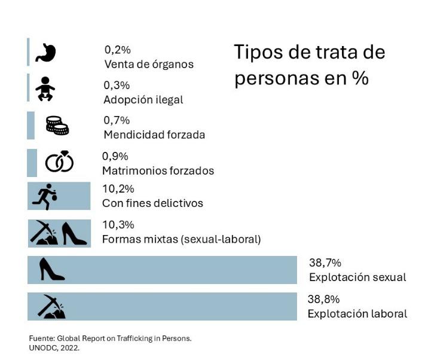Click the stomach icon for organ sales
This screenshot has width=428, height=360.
point(45,53)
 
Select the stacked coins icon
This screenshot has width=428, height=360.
point(57,125)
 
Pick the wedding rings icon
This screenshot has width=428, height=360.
point(60,162)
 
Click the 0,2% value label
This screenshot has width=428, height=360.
point(117,50)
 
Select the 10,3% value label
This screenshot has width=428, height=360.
point(118,225)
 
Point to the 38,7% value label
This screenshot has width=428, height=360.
point(325,263)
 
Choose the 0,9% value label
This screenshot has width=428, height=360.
point(115,156)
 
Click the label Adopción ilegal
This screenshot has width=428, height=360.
point(143,100)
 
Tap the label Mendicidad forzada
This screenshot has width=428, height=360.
point(154,135)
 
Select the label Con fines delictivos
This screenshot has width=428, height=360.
point(152,203)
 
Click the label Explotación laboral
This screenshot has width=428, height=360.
point(357,313)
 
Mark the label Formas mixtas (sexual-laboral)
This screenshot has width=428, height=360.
point(182,240)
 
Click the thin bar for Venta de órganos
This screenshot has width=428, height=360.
point(28,52)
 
